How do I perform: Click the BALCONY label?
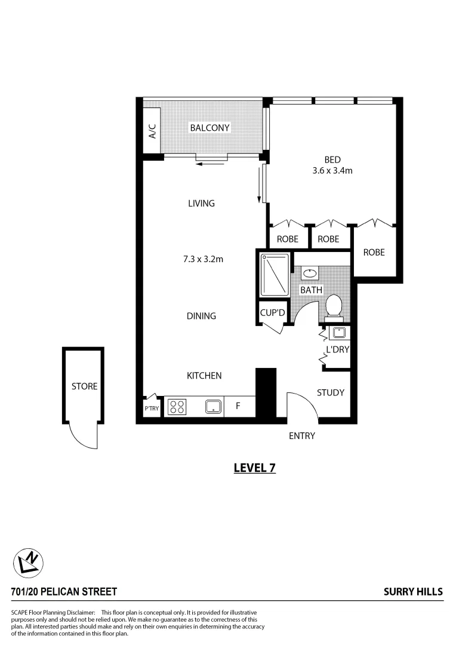coord(209,128)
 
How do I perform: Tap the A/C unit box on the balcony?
coord(152,131)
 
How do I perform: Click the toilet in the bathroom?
coord(334,306)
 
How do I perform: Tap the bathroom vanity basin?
coord(310,274)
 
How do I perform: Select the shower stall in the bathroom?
coord(275,275)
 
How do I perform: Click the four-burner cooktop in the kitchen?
coord(177,407)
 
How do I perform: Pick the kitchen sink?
coord(213,407)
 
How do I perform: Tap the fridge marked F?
coord(238,407)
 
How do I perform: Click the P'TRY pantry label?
coord(152,409)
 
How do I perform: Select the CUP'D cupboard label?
coord(273,313)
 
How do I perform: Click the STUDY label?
coord(330,392)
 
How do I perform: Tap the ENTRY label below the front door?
coord(301,436)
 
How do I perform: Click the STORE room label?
coord(84,386)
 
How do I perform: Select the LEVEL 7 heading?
coord(254,468)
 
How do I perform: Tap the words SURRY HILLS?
coord(413,592)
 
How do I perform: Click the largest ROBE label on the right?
coord(374,253)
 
